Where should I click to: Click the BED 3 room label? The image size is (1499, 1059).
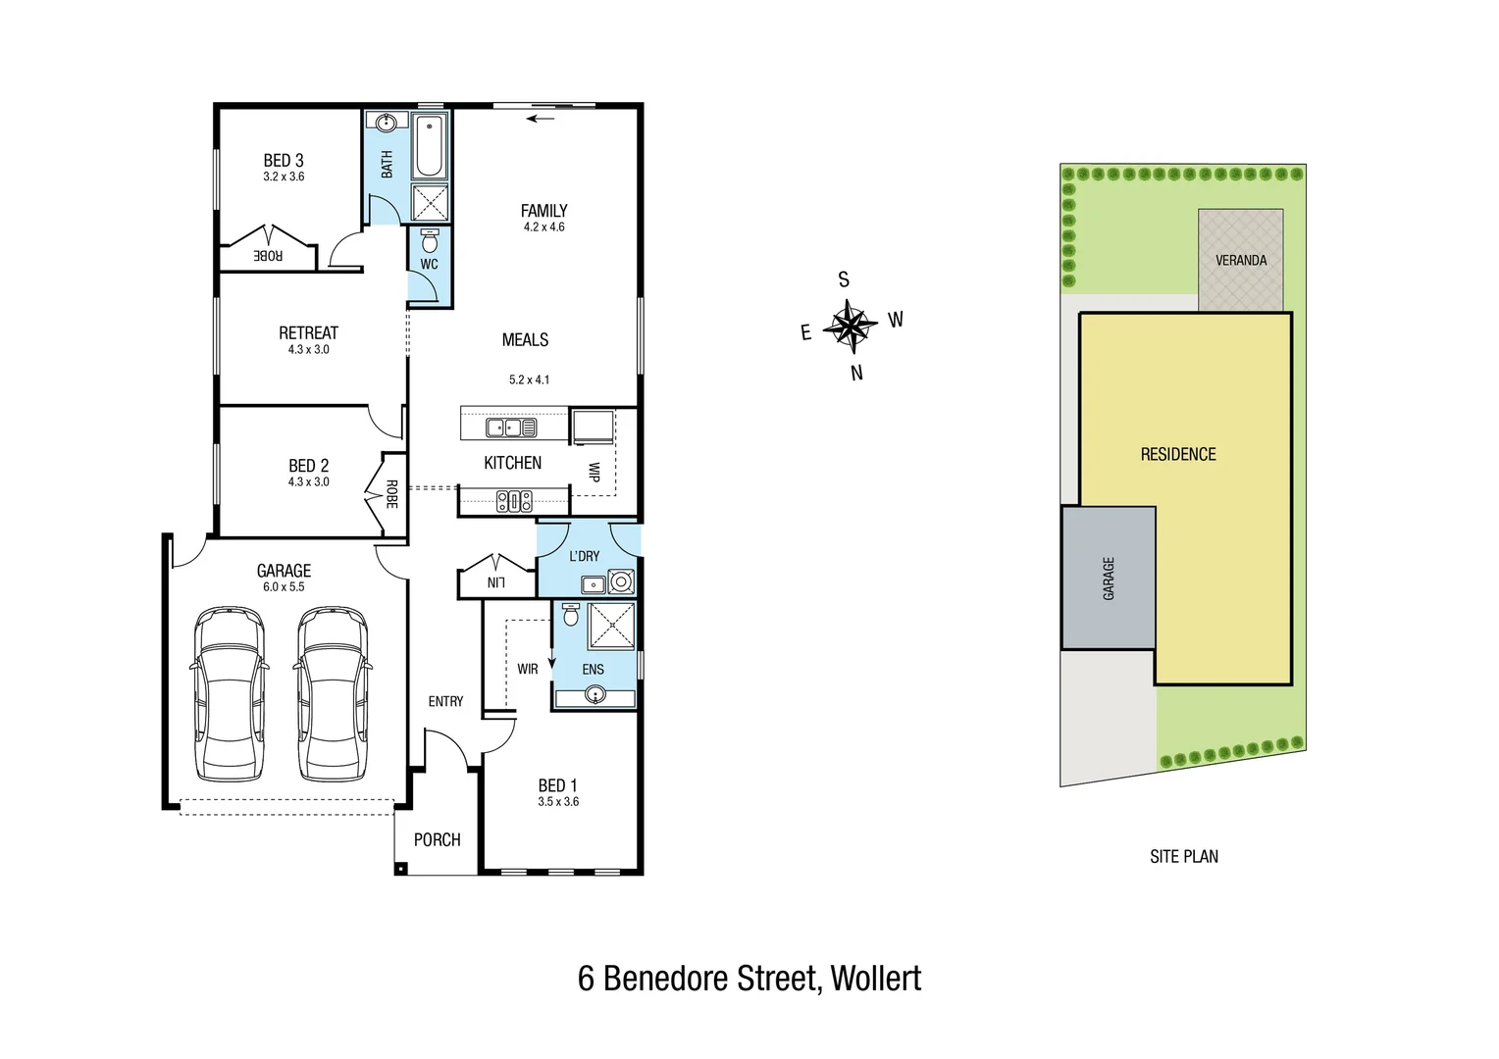click(x=284, y=160)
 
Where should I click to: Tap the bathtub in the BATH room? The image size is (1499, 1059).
click(x=429, y=146)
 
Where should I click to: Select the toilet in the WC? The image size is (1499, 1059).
click(x=429, y=240)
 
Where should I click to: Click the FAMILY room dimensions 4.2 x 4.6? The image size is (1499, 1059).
click(x=543, y=227)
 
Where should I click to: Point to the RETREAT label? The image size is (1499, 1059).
click(x=308, y=333)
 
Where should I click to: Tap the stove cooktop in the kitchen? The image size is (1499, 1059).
click(x=514, y=502)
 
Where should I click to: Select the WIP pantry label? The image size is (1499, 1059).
click(x=594, y=472)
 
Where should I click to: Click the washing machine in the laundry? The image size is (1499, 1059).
click(x=620, y=582)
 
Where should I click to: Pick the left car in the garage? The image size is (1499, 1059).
click(x=229, y=693)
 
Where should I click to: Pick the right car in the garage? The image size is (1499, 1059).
click(x=333, y=693)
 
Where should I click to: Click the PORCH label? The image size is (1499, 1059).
click(x=437, y=840)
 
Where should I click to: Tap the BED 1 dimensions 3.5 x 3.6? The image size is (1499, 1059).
click(x=558, y=802)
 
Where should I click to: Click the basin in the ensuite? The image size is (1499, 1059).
click(x=594, y=695)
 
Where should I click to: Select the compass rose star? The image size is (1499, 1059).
click(x=851, y=326)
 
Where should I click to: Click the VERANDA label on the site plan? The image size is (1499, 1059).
click(x=1240, y=261)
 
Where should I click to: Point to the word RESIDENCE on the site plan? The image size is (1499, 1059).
click(x=1177, y=455)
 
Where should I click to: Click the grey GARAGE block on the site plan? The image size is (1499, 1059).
click(x=1109, y=578)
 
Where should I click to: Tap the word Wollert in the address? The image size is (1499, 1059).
click(x=875, y=979)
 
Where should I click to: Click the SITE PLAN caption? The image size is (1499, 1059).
click(x=1183, y=857)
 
